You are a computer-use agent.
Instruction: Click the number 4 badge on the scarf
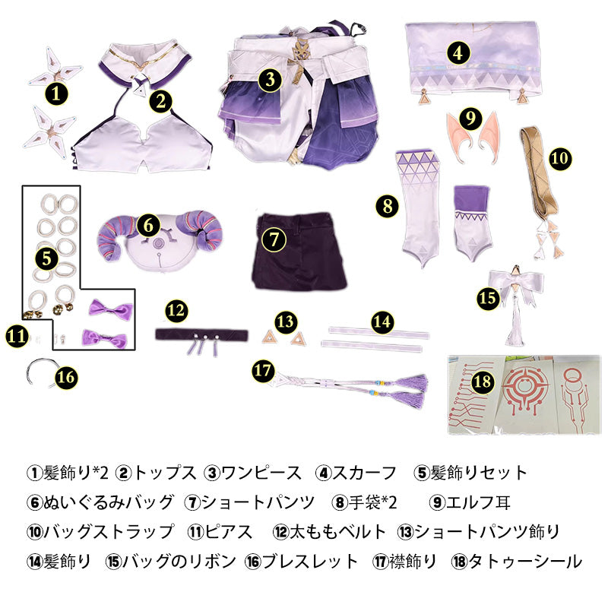(458, 53)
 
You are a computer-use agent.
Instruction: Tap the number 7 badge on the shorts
(274, 239)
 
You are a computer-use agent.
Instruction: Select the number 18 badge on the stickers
(482, 382)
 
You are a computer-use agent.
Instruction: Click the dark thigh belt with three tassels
(201, 339)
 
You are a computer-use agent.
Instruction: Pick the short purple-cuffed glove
(473, 223)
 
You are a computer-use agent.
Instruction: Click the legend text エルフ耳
(478, 502)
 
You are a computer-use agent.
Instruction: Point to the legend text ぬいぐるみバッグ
(108, 502)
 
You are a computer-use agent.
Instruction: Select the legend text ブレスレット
(309, 561)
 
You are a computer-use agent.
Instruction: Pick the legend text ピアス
(229, 531)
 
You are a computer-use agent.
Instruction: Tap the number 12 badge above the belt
(176, 311)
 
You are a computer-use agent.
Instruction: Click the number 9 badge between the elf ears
(470, 118)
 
